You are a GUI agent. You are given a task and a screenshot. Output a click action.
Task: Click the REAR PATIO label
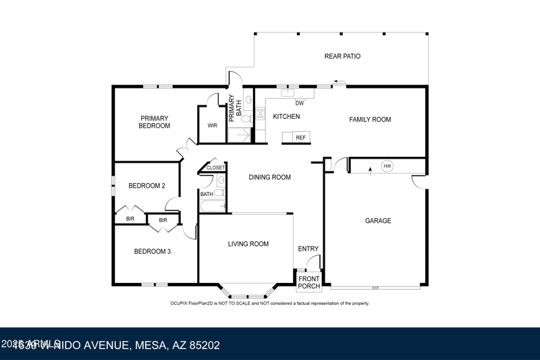pos(342,56)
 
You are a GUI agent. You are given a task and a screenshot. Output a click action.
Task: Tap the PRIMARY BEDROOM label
pos(155,122)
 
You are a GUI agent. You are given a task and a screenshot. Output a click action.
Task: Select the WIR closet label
pos(212,126)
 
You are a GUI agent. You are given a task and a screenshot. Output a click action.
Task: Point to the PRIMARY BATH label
pos(234,109)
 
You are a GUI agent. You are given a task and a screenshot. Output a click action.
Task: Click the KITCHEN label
pos(286,117)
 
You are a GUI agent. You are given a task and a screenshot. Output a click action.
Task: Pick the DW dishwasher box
pos(300,103)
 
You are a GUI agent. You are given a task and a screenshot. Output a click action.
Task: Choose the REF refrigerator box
pos(300,137)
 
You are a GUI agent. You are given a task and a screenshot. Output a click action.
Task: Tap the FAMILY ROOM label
pos(370,120)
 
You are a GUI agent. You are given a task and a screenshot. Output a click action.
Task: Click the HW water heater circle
pos(387,165)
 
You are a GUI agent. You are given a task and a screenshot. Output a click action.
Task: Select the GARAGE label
pos(378,221)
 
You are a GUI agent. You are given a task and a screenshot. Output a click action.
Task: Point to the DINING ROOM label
pos(270,178)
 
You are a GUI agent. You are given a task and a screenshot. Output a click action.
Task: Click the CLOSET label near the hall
pos(215,168)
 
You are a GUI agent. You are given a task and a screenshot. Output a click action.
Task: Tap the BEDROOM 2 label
pos(147,186)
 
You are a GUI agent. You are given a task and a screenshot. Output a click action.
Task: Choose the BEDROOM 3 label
pos(152,251)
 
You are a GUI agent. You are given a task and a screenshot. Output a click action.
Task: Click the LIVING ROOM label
pos(248,244)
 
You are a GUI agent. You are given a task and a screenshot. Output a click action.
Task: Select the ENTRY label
pos(308,249)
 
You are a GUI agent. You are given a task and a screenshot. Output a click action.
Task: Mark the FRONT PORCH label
pos(309,282)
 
